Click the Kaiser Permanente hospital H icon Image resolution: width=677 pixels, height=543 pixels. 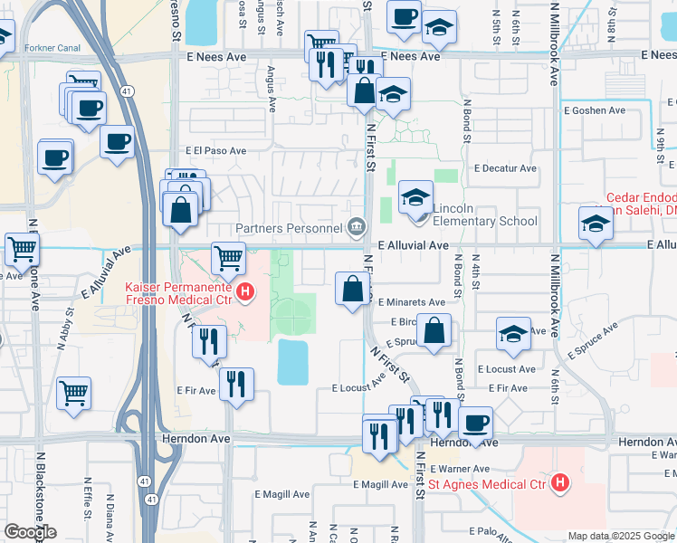244,292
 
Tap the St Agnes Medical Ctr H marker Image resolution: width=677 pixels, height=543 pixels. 560,483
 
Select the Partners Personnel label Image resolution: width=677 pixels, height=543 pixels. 289,228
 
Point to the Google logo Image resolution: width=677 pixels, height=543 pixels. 30,532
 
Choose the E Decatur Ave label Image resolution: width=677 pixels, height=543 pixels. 506,168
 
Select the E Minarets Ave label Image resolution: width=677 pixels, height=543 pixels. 412,302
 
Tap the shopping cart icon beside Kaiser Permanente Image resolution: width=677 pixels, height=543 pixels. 228,257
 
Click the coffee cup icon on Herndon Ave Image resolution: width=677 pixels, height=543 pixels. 474,422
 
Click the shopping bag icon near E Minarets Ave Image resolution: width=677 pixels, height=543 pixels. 352,289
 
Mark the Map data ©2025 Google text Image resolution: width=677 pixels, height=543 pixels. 621,536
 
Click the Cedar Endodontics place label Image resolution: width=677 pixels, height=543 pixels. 642,197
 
